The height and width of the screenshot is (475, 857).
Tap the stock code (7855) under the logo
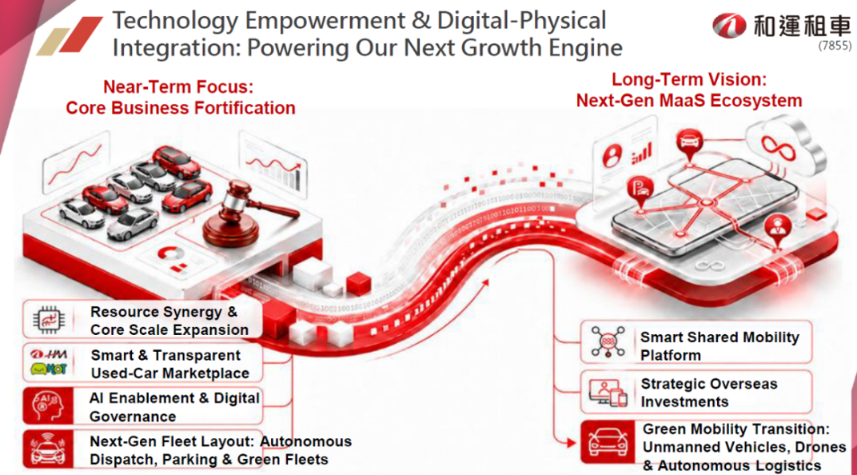tap(835, 46)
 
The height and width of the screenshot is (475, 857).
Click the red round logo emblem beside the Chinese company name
tap(729, 26)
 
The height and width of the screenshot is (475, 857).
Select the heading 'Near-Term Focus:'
tap(179, 86)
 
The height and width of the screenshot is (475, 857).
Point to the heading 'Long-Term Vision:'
tap(689, 79)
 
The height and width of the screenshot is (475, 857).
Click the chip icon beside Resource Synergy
tap(48, 320)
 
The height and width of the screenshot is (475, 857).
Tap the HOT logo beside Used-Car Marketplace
tap(49, 369)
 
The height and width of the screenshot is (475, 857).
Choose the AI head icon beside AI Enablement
tap(47, 406)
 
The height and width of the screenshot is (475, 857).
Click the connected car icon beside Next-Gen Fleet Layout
tap(48, 449)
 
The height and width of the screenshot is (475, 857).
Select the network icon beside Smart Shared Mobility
tap(608, 342)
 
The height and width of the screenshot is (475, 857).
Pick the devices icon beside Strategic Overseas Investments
tap(608, 393)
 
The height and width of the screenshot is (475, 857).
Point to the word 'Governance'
tap(133, 417)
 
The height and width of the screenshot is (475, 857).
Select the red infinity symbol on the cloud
tap(779, 146)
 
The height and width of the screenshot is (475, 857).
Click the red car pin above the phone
tap(689, 144)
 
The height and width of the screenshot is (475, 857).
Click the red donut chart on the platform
tap(171, 253)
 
